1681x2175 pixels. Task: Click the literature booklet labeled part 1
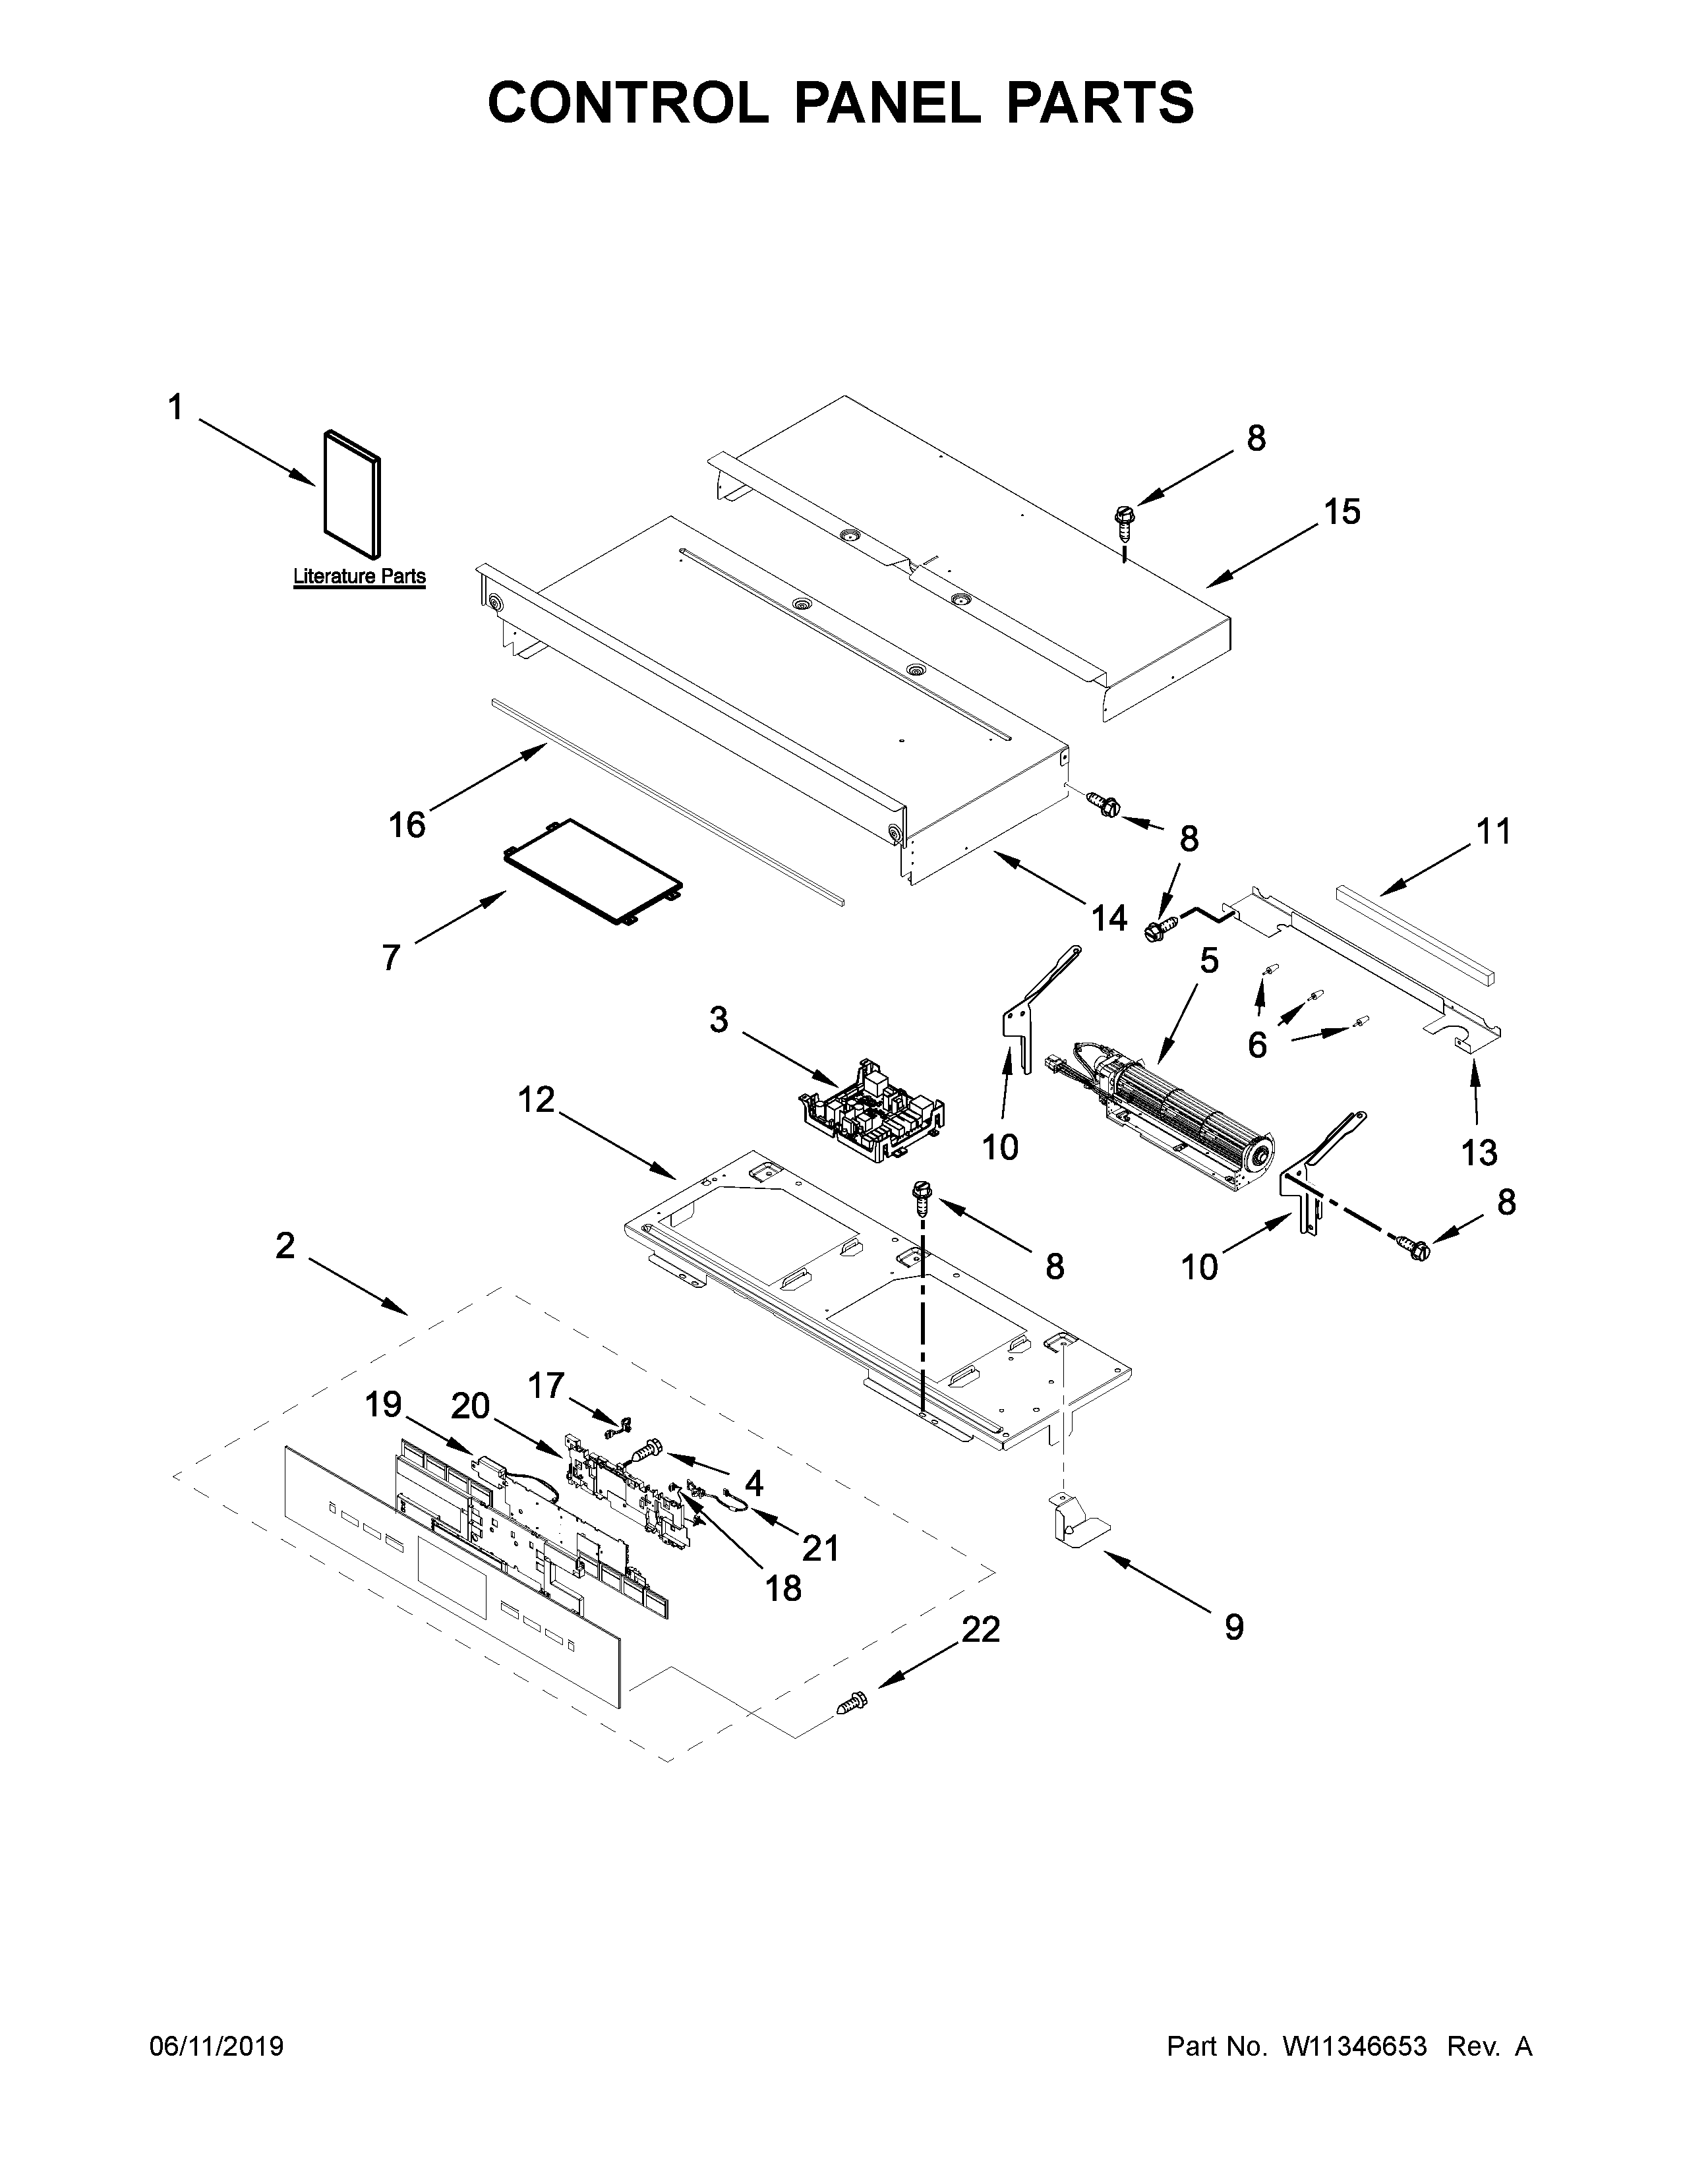[x=351, y=494]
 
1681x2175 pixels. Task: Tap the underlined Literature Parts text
[x=359, y=575]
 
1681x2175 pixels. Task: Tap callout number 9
[x=1233, y=1627]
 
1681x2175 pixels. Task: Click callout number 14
[x=1108, y=918]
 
